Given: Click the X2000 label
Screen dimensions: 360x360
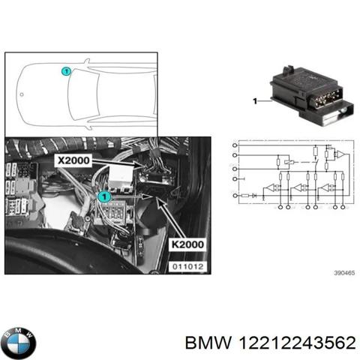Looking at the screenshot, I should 73,160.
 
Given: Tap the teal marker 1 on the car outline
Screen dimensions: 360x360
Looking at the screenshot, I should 66,71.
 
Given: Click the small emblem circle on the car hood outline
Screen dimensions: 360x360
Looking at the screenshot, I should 20,94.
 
